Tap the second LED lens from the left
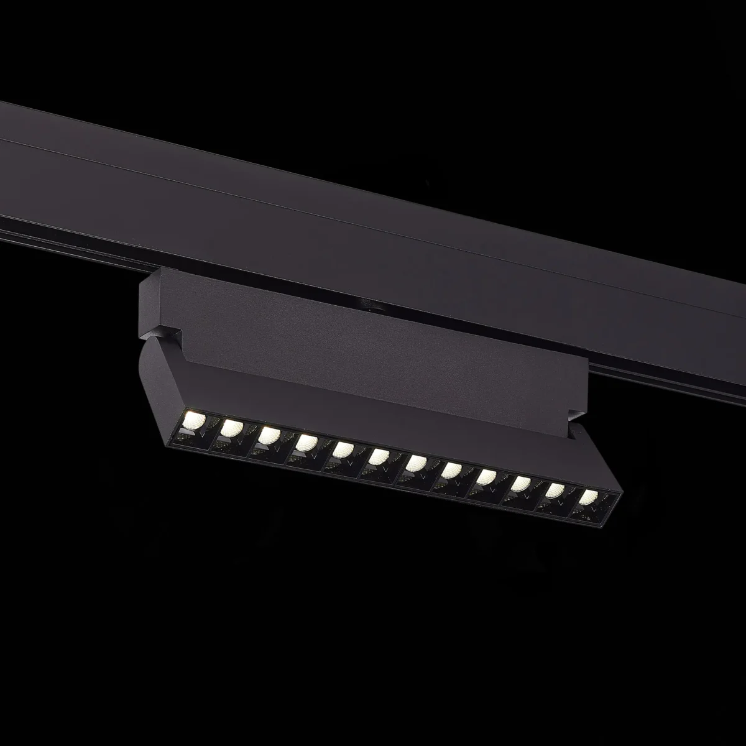231,426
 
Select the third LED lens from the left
268,435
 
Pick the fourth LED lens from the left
305,443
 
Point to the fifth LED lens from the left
341,451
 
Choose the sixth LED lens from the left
377,458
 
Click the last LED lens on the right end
588,497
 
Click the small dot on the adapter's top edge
371,306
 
